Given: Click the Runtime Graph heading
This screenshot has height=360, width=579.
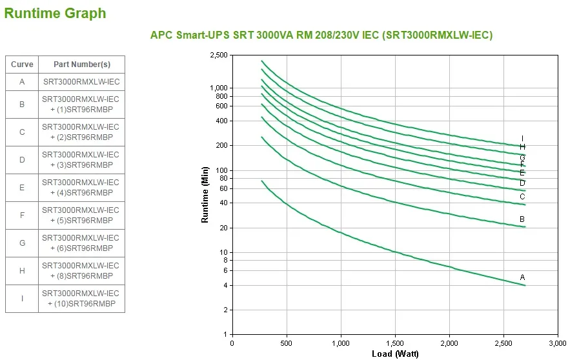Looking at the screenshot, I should (55, 13).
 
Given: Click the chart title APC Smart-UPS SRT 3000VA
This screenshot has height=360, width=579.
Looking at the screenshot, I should (321, 35).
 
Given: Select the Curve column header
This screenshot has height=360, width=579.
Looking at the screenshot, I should (22, 65).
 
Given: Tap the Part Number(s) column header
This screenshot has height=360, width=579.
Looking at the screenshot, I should (81, 65).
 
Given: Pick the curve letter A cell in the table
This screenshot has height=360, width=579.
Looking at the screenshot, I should (22, 82).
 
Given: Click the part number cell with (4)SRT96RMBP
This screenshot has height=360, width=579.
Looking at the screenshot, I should (81, 188).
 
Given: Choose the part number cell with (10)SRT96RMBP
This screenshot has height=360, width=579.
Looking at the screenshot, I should (81, 299).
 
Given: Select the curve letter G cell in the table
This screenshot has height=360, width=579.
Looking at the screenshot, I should (22, 243).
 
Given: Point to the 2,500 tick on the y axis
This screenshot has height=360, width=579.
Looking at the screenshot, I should (219, 55).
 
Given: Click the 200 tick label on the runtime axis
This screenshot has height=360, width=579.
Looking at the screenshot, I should (222, 146).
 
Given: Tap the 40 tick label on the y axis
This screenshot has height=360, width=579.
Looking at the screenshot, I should (223, 203).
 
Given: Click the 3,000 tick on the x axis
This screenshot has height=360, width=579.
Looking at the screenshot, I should (558, 343).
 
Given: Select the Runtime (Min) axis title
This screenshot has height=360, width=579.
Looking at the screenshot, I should (205, 194).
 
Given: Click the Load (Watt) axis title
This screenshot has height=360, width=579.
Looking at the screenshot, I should (395, 354).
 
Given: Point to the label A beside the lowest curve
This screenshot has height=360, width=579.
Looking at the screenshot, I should (523, 277).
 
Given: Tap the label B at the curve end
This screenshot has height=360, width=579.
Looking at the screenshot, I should (522, 219).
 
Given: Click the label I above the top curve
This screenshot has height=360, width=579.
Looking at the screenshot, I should (522, 139).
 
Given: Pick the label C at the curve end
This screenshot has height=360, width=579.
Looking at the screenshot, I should (522, 197).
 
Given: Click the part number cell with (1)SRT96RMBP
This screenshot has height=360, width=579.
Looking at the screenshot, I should (81, 105).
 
